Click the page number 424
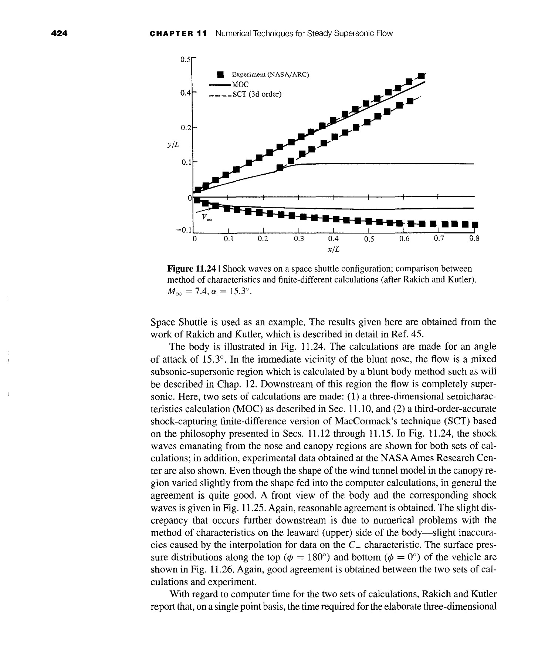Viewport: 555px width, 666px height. [x=60, y=34]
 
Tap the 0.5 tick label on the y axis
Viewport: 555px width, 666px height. [x=185, y=59]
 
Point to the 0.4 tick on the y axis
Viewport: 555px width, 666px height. [x=185, y=93]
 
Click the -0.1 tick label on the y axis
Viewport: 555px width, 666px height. [x=183, y=230]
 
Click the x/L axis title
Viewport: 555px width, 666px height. [x=334, y=250]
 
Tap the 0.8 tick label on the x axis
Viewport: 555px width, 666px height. [x=474, y=239]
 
